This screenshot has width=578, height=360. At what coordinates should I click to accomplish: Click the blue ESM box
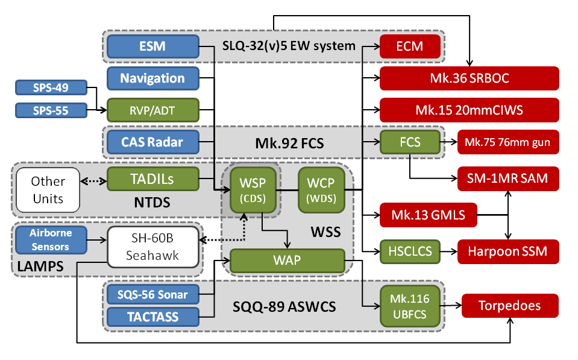153,46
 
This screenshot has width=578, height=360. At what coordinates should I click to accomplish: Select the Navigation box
153,78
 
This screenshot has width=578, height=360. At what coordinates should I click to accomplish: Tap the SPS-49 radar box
51,87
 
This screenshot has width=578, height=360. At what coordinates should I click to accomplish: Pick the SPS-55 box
51,110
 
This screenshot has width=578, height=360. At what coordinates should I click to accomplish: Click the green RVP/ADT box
153,110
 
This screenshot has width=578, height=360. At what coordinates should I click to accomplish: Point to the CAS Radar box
153,142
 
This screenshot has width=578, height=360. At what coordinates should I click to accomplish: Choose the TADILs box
153,179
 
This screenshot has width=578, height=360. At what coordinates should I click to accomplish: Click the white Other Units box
48,190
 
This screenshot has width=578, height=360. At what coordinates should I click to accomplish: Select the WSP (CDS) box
253,190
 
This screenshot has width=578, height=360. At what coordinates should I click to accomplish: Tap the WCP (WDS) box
321,190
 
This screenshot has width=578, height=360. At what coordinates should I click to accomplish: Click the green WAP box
287,261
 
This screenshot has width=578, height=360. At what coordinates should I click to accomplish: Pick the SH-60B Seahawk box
153,247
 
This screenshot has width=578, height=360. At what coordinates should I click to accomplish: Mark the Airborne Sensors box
51,240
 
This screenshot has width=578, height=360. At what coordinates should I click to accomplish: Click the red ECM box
410,46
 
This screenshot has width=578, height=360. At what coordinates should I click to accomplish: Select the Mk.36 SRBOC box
470,78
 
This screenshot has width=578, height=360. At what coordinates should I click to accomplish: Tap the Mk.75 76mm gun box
508,142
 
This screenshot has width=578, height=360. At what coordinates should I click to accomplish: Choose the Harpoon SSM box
508,252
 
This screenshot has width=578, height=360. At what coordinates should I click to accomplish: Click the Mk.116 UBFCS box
410,306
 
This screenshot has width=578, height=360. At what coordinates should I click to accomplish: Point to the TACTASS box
153,317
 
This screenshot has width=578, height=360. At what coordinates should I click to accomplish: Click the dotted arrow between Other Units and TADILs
93,181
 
